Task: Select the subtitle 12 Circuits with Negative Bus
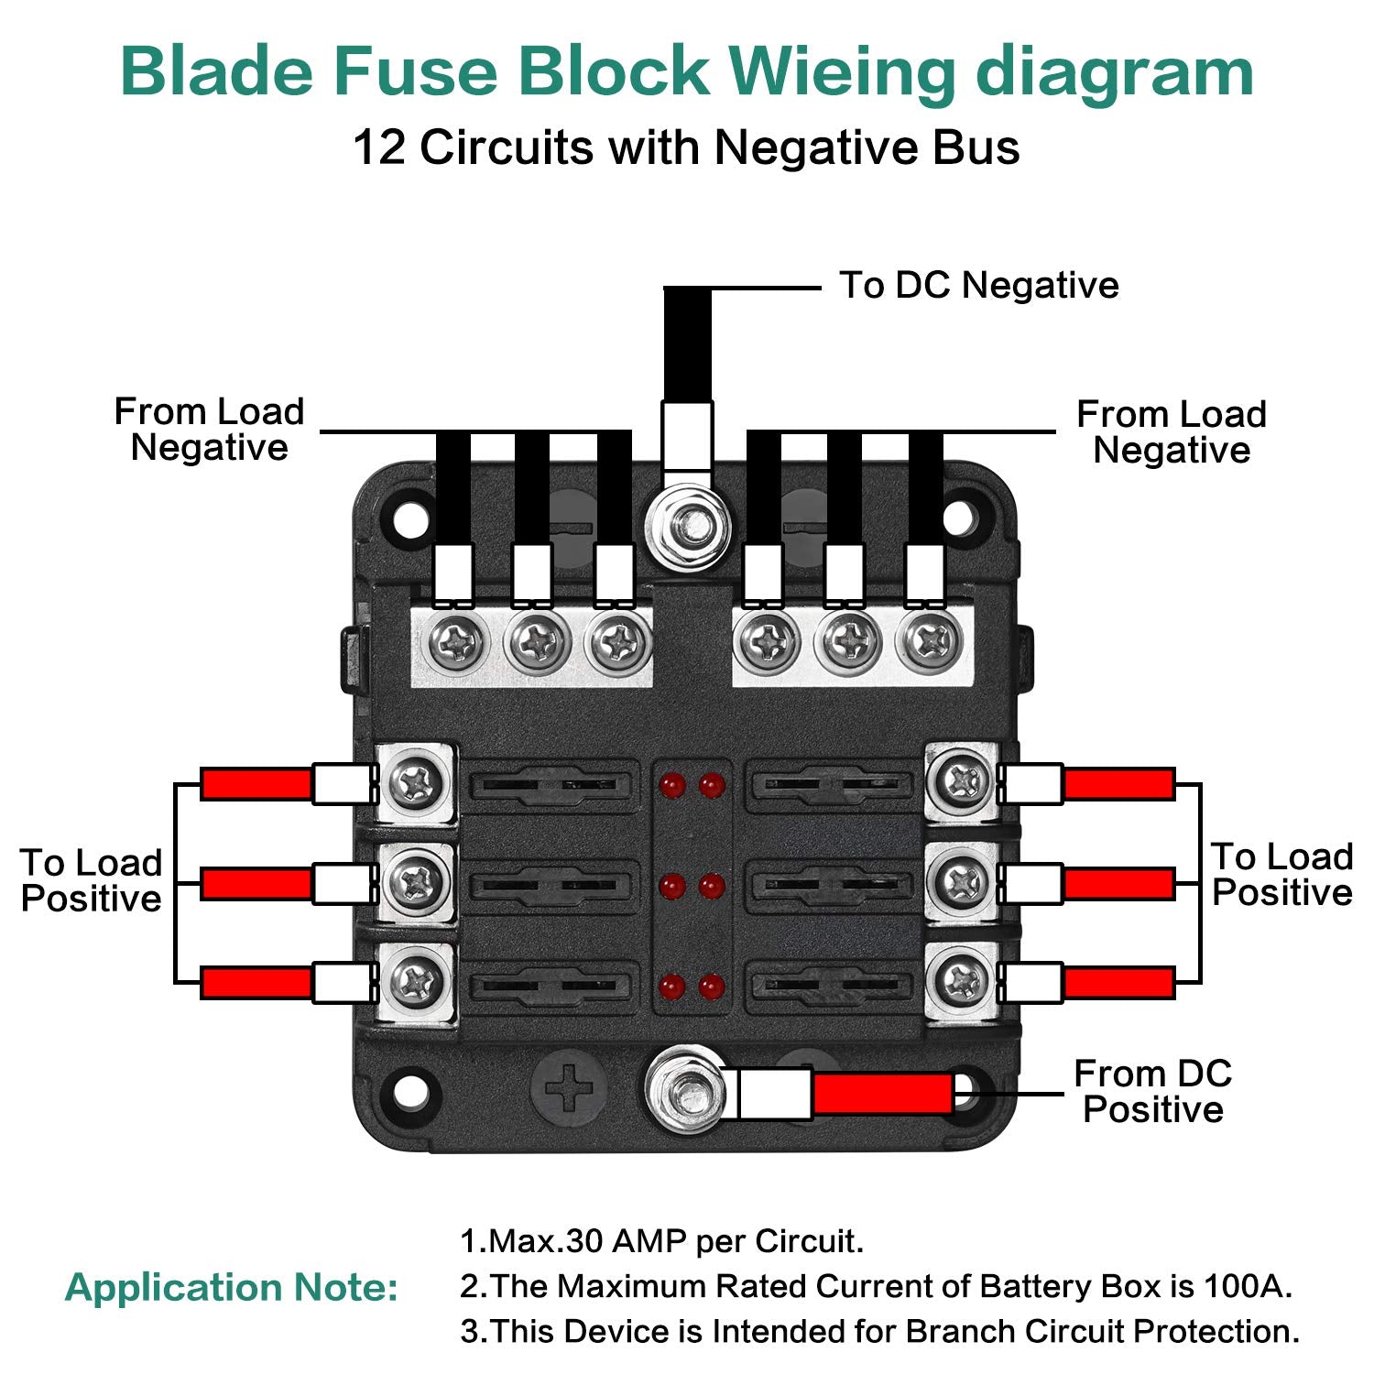point(686,147)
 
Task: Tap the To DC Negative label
point(978,285)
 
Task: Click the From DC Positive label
point(1152,1091)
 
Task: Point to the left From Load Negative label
point(209,430)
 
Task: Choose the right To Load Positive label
point(1281,874)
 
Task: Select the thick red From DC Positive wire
point(883,1094)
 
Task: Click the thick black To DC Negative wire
point(687,343)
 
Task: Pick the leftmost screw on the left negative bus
point(455,642)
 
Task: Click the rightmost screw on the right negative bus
point(930,642)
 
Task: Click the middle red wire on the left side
point(256,884)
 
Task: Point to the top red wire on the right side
point(1118,784)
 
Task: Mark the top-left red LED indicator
point(672,785)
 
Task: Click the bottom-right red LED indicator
point(712,987)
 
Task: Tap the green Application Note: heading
point(232,1287)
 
